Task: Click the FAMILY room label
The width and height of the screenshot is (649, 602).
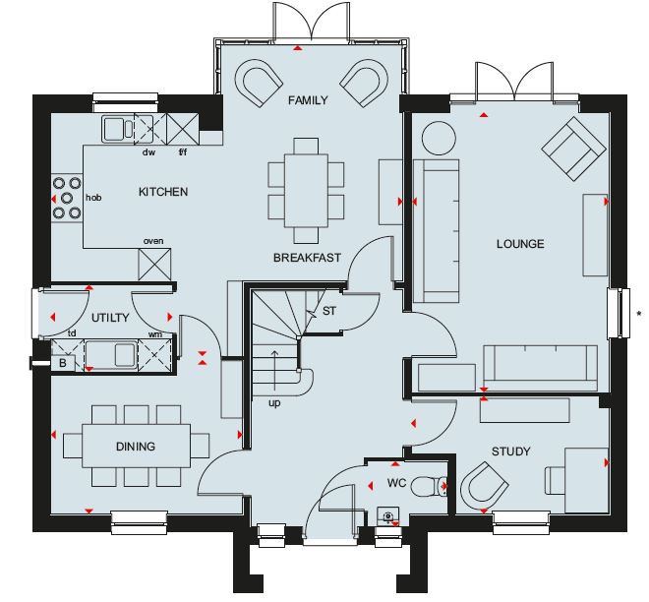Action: tap(308, 100)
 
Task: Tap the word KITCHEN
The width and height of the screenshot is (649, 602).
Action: tap(163, 192)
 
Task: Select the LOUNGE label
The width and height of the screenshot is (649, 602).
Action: tap(520, 244)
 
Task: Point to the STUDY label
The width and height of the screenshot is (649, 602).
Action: tap(510, 451)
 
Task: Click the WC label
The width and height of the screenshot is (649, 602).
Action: tap(396, 483)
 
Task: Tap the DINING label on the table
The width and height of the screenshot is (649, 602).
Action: tap(136, 447)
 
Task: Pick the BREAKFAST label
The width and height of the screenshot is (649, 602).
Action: tap(307, 258)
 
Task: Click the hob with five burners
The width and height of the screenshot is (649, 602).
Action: tap(67, 198)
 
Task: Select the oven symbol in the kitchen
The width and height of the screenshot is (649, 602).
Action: tap(154, 265)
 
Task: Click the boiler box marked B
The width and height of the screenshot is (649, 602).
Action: tap(63, 363)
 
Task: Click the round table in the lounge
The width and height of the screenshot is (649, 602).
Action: tap(439, 139)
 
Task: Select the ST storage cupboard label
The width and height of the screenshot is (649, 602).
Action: tap(329, 311)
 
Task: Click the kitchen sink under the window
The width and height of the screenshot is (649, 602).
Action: tap(118, 129)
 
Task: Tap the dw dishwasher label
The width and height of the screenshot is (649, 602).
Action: tap(148, 152)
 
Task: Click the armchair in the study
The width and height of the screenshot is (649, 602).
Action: tap(485, 485)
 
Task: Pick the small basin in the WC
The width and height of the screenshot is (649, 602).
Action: tap(388, 515)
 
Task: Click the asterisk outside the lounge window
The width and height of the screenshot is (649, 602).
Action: tap(639, 314)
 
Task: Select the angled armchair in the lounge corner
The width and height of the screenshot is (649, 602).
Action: tap(573, 149)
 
